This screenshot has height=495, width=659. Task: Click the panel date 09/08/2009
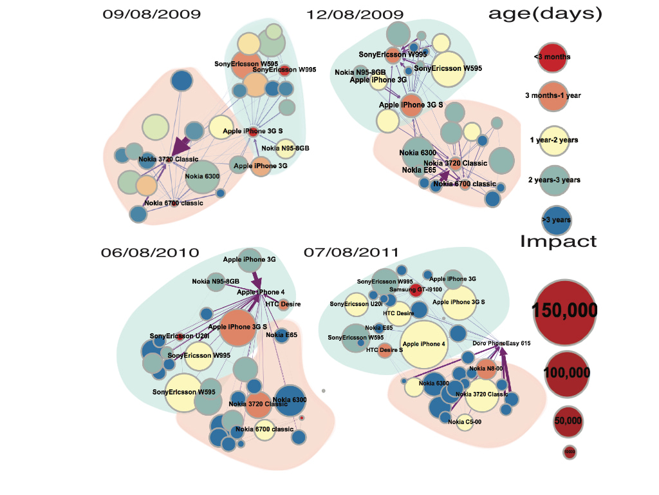tap(151, 14)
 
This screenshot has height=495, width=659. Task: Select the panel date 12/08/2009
tap(355, 14)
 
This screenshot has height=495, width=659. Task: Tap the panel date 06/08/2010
tap(149, 252)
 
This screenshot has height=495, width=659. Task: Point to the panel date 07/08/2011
tap(353, 252)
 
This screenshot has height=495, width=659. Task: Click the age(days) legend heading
tap(545, 14)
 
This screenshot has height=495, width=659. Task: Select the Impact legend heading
tap(558, 242)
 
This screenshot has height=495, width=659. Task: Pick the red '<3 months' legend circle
tap(552, 57)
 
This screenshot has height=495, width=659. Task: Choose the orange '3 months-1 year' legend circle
tap(552, 96)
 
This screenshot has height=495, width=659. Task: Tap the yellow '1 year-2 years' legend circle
tap(552, 141)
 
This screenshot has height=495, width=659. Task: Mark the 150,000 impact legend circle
tap(564, 311)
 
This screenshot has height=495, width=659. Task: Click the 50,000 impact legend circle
tap(568, 421)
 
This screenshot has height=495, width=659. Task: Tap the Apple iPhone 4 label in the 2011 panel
tap(423, 344)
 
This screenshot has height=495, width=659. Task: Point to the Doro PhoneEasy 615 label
tap(501, 344)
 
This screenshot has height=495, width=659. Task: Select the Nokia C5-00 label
tap(465, 422)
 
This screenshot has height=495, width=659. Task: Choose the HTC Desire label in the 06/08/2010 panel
tap(283, 304)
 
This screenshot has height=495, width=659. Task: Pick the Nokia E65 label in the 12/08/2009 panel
tap(416, 170)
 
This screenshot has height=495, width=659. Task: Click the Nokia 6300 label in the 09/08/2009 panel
tap(203, 176)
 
